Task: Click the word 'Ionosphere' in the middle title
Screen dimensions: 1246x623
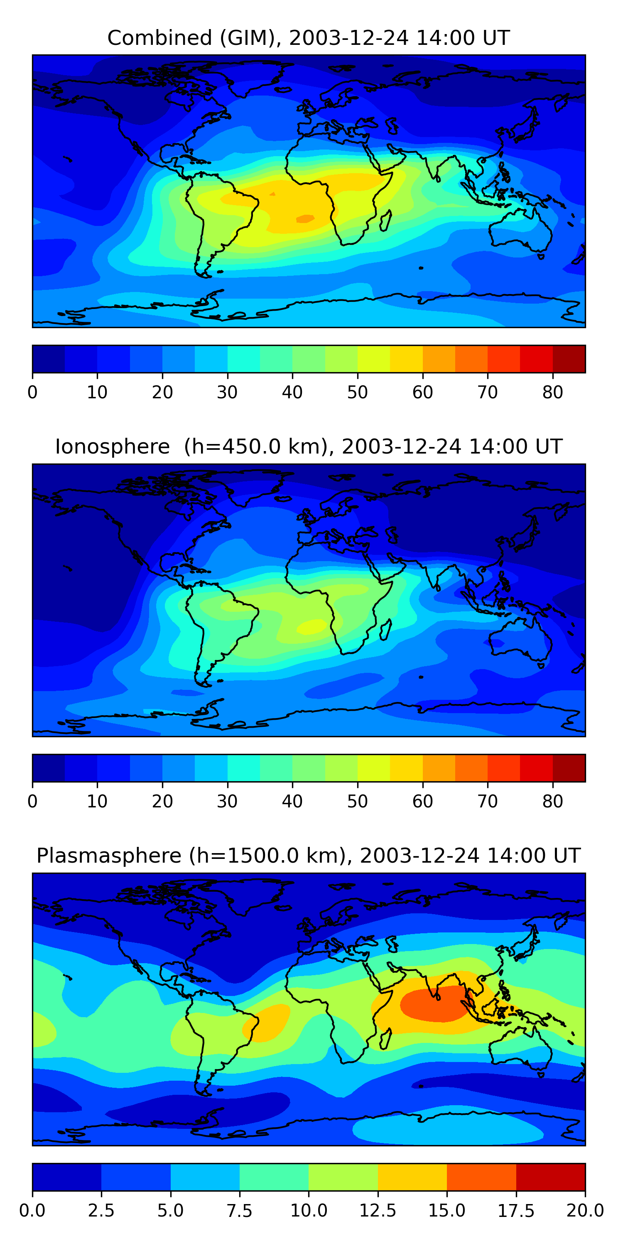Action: point(112,446)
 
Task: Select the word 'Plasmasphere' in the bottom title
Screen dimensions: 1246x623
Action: point(109,856)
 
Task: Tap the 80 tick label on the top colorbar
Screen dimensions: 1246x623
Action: point(552,392)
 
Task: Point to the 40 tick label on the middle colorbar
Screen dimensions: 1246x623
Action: point(292,802)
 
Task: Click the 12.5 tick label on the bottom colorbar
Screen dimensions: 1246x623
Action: point(377,1211)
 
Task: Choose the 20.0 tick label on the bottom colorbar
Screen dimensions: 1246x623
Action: point(585,1211)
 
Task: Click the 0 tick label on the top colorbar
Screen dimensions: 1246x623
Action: point(32,392)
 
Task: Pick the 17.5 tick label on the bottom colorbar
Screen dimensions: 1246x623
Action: point(515,1211)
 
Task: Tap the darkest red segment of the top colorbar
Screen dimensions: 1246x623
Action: point(569,359)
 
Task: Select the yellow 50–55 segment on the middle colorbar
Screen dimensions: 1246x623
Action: point(373,768)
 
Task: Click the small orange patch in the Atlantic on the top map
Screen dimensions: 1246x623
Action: point(305,218)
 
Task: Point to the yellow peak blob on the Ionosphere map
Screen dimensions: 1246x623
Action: point(312,626)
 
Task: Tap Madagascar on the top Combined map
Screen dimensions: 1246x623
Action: point(385,221)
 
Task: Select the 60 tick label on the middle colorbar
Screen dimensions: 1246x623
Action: point(422,802)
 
